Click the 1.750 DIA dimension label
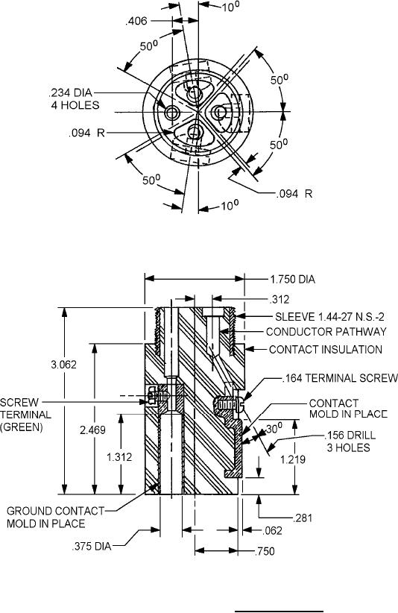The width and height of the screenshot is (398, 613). [293, 279]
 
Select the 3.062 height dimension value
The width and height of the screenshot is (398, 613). [63, 365]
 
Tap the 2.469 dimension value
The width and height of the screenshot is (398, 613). [92, 430]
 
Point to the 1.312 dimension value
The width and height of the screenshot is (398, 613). [119, 457]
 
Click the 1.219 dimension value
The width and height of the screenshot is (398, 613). [293, 459]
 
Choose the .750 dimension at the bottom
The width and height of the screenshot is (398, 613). [265, 551]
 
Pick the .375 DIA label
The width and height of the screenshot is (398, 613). [92, 546]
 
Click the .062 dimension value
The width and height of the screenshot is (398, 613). [272, 530]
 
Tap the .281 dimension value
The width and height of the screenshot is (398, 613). [303, 518]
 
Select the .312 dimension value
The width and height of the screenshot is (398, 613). [279, 300]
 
